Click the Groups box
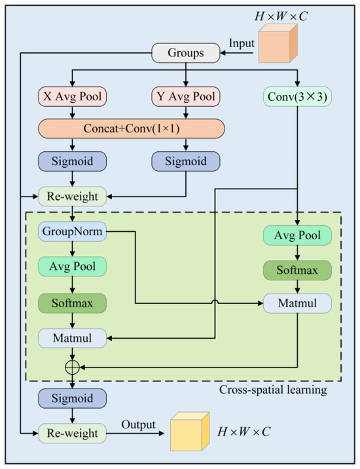click(186, 53)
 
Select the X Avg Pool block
click(73, 96)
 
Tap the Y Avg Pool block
click(186, 96)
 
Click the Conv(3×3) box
click(297, 96)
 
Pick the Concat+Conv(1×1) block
click(132, 128)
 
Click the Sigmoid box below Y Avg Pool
click(186, 162)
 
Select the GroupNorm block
click(73, 231)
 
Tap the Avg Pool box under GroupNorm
click(73, 267)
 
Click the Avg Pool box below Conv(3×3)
click(297, 235)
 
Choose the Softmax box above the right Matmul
click(297, 271)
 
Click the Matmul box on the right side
click(297, 303)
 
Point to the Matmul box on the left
click(73, 338)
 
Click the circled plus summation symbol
click(73, 367)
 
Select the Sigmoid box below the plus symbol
click(73, 398)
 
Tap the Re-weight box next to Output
click(73, 434)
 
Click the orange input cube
click(278, 43)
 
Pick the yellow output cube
click(190, 432)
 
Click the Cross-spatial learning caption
click(273, 390)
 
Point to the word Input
click(242, 43)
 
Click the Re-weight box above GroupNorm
click(73, 197)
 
